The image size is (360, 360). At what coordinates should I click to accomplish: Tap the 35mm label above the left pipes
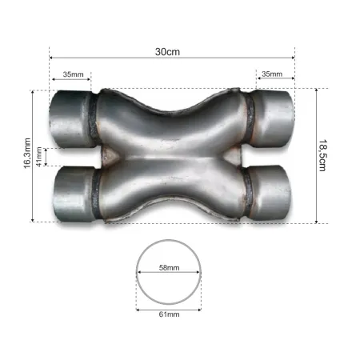[x=72, y=74]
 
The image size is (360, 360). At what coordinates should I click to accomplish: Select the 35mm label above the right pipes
[x=272, y=74]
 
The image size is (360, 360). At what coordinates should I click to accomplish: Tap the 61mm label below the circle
[x=169, y=314]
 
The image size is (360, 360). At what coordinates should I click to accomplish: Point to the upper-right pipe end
[x=276, y=117]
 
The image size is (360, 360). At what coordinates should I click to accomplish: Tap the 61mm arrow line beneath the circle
[x=168, y=307]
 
